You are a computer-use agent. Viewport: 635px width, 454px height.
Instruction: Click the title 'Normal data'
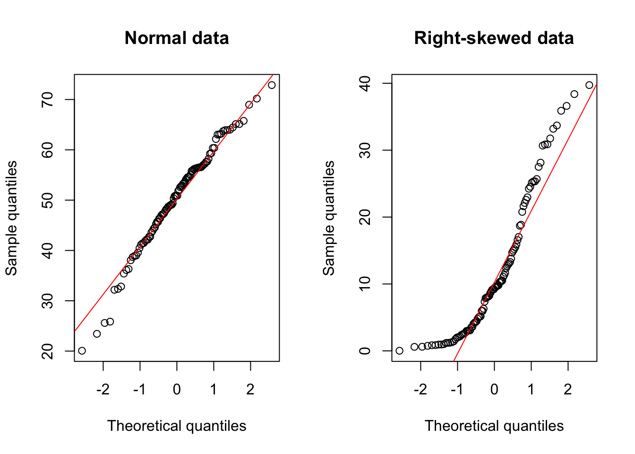tap(177, 38)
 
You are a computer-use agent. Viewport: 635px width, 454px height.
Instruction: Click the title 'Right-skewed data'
tap(494, 38)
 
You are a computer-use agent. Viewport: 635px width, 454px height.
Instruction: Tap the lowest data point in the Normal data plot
tap(82, 350)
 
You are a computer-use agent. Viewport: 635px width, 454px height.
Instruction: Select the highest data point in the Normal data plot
tap(272, 85)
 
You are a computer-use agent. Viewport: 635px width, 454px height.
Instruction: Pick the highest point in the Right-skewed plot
tap(589, 85)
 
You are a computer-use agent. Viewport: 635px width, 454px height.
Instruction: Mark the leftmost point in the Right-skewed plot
tap(399, 350)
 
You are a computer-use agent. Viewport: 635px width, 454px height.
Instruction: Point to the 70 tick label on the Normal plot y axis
tap(47, 99)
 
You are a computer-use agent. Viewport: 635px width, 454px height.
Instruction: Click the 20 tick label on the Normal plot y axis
tap(47, 351)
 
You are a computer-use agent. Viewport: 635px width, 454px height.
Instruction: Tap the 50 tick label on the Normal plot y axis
tap(47, 200)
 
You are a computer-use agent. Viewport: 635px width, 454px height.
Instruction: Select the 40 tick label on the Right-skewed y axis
tap(365, 83)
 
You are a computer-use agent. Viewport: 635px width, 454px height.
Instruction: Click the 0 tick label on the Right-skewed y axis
tap(365, 351)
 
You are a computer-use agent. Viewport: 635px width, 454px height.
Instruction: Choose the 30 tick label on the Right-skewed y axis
tap(365, 150)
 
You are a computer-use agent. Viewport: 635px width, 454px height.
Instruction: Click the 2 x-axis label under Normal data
tap(250, 389)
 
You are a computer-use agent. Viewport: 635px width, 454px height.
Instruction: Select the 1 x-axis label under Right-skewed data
tap(531, 389)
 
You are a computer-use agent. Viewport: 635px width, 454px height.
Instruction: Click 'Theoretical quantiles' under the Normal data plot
tap(177, 426)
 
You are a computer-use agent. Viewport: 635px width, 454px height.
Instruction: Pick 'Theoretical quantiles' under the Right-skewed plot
tap(494, 426)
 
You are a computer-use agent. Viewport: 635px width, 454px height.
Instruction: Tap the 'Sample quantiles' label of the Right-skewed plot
tap(329, 218)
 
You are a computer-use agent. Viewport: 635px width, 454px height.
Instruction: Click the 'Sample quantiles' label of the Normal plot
tap(11, 218)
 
